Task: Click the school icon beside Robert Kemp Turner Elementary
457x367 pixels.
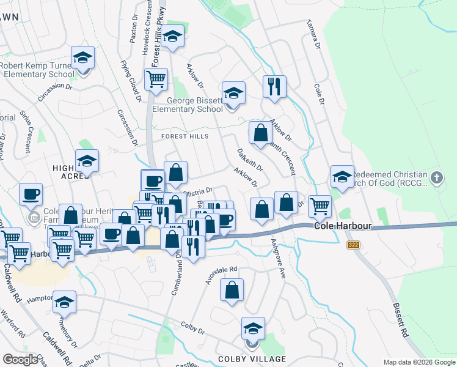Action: [82, 59]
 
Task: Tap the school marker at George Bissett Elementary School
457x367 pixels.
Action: [233, 94]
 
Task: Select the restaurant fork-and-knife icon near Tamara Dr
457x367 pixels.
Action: [274, 86]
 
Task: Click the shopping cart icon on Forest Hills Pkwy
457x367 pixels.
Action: [156, 78]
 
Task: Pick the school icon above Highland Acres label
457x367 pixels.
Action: [87, 161]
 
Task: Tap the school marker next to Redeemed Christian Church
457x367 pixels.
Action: [342, 177]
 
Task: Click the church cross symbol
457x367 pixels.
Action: [436, 178]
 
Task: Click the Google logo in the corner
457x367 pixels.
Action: [21, 360]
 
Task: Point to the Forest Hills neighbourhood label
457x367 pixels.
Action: [185, 136]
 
